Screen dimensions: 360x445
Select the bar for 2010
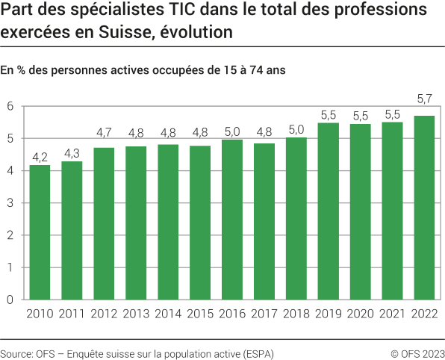40,232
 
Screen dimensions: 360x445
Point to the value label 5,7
423,99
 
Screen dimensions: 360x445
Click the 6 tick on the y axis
10,106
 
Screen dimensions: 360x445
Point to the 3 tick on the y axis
10,203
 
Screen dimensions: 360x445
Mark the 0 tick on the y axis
10,300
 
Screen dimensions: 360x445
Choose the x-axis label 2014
167,314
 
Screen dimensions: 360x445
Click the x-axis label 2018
296,314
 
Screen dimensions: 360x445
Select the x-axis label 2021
391,314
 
